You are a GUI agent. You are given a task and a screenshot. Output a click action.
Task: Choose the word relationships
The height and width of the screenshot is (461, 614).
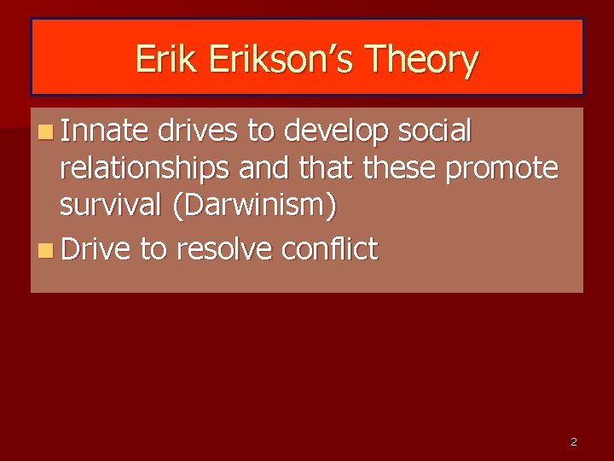[x=144, y=170]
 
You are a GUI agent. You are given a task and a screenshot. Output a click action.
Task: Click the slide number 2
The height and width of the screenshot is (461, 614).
[x=573, y=442]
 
